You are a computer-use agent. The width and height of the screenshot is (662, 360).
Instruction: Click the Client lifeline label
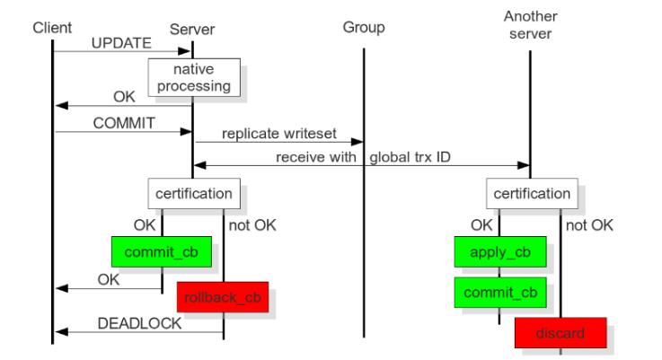[x=52, y=28]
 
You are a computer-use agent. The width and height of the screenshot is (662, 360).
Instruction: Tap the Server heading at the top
[x=192, y=30]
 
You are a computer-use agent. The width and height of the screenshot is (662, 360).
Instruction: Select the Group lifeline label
[x=364, y=28]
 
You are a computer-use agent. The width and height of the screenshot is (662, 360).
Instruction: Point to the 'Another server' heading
[x=530, y=25]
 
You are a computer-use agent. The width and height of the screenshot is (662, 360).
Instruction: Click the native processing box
[x=194, y=77]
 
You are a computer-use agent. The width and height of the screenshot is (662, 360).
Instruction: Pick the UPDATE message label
[x=121, y=43]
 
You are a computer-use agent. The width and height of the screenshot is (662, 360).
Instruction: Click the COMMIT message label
[x=124, y=123]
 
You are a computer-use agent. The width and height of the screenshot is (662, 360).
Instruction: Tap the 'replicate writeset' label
[x=279, y=134]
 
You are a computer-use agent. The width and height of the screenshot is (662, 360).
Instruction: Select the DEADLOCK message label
[x=139, y=323]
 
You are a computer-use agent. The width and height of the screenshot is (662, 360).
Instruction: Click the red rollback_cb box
[x=223, y=297]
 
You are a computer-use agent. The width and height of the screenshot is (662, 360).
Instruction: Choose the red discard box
[x=560, y=333]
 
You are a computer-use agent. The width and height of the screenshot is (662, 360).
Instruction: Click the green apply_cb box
[x=500, y=252]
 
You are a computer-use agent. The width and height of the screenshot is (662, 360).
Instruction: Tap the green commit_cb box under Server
[x=162, y=252]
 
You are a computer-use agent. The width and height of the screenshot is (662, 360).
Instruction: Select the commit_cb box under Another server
[x=500, y=293]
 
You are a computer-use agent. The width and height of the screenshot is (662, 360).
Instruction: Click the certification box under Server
[x=194, y=194]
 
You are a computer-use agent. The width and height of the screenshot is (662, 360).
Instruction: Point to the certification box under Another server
[x=532, y=194]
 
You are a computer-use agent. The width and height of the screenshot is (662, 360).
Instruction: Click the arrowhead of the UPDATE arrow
[x=185, y=51]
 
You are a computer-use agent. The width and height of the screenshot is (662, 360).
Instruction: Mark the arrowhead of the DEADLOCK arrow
[x=62, y=332]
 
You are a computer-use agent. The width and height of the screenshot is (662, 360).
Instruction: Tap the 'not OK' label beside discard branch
[x=589, y=225]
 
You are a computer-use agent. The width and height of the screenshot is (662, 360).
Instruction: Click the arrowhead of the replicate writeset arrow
[x=357, y=142]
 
